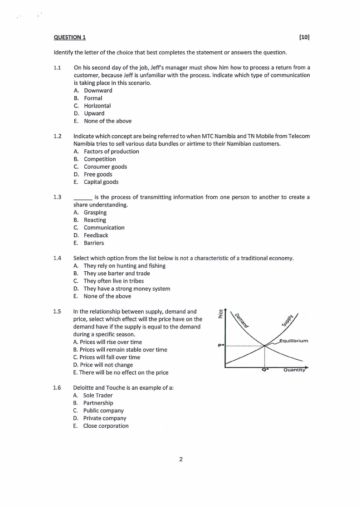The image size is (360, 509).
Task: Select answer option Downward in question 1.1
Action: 98,90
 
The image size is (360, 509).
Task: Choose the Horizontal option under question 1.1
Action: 97,106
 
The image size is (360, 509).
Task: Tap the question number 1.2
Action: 57,136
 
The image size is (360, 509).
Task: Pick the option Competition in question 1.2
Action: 100,159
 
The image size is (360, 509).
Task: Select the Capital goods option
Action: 101,182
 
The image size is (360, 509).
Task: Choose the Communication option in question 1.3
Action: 104,228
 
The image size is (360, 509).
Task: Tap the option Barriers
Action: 94,243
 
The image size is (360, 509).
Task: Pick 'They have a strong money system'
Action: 126,289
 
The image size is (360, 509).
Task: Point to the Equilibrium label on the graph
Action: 294,341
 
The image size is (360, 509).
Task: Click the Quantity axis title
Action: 295,370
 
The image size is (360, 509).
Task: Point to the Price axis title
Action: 221,313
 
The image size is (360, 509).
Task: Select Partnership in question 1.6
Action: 98,403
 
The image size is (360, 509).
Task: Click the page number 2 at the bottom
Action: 181,460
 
